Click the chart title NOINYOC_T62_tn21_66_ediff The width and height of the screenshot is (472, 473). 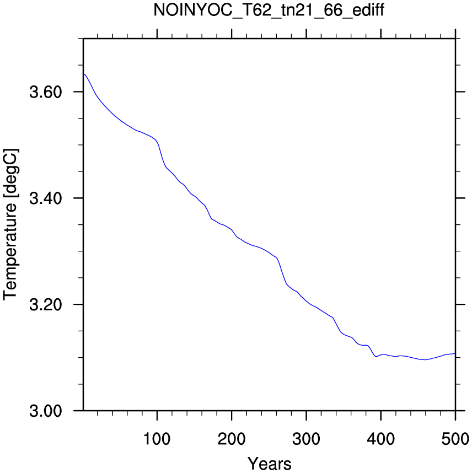click(269, 10)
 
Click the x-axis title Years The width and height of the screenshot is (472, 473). click(270, 464)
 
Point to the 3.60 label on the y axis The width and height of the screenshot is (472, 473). click(46, 92)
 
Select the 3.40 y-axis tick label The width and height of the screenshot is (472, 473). click(46, 198)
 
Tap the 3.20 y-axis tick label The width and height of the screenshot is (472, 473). click(46, 305)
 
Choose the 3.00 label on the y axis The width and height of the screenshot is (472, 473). click(46, 411)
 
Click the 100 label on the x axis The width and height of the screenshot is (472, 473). click(157, 439)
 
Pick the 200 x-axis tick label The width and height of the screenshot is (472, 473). click(232, 439)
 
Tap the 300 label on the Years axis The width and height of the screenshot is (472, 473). click(306, 439)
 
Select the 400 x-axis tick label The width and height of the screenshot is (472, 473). click(381, 439)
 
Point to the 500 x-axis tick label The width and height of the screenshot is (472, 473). click(455, 439)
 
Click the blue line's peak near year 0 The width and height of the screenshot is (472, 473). click(85, 74)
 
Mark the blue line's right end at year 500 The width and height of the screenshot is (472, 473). click(455, 353)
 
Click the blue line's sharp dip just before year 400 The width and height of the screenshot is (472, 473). click(376, 357)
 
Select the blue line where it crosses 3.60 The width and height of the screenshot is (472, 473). click(94, 92)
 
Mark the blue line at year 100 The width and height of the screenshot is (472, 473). click(157, 141)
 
